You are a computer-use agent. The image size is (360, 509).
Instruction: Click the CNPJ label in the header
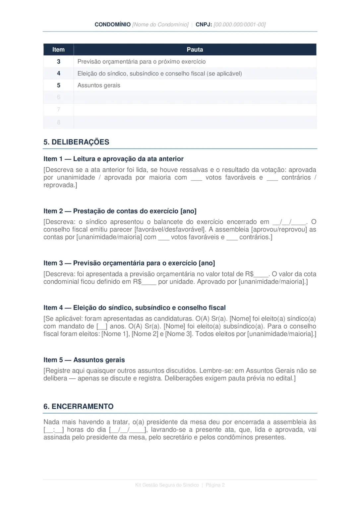point(204,25)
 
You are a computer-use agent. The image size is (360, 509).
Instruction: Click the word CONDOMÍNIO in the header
point(112,25)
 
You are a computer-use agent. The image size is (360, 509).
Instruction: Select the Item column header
point(58,50)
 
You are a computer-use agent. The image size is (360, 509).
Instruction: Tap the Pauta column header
point(195,50)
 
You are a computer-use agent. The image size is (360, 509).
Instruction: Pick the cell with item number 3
point(59,62)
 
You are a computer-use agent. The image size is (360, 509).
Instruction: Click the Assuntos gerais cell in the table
point(99,85)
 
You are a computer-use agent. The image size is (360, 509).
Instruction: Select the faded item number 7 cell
point(59,110)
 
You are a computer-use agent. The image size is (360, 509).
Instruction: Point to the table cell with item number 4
point(59,73)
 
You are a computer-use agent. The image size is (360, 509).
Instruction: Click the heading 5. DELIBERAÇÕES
point(76,142)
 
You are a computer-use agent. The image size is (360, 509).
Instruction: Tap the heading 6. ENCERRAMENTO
point(79,407)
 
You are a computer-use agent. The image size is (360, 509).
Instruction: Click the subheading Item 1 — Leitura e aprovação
point(113,159)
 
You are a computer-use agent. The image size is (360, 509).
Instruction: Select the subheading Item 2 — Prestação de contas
point(120,211)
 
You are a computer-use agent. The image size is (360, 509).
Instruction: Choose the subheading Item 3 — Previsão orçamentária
point(129,263)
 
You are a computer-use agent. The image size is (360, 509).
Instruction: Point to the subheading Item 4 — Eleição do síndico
point(134,308)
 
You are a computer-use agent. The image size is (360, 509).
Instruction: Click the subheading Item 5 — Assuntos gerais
point(84,360)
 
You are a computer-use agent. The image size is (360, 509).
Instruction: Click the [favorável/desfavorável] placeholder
point(170,229)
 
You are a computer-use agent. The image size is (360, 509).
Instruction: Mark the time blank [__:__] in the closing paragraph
point(54,430)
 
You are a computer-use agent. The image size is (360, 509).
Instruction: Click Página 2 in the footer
point(215,485)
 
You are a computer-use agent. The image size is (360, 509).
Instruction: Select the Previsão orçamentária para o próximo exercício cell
point(142,62)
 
